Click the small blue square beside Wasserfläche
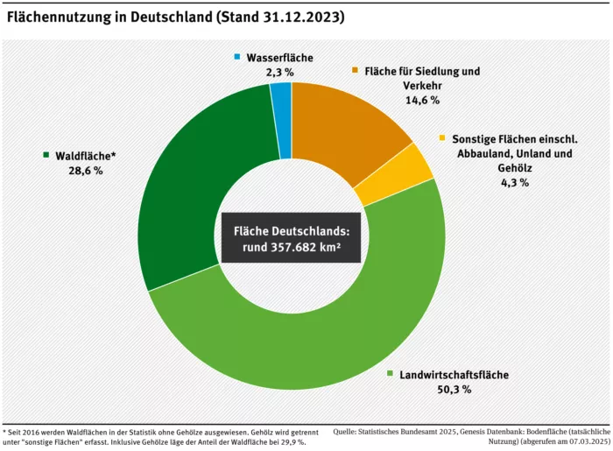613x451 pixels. pos(236,58)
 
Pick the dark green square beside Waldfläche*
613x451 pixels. pos(46,155)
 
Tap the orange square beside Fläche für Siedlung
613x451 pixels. pos(355,70)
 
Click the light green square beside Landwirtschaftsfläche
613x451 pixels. pos(391,373)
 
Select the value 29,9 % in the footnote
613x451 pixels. pos(286,441)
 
